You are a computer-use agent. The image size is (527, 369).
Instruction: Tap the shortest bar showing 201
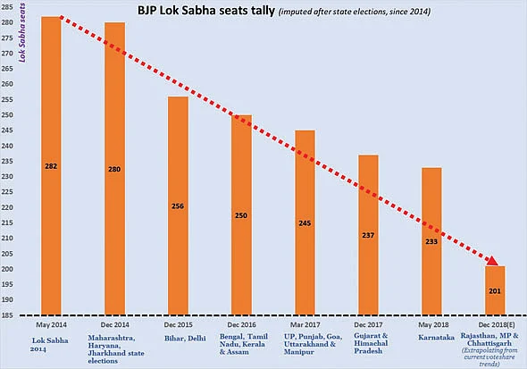(493, 289)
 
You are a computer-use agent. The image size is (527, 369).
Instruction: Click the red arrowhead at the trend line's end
(491, 261)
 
